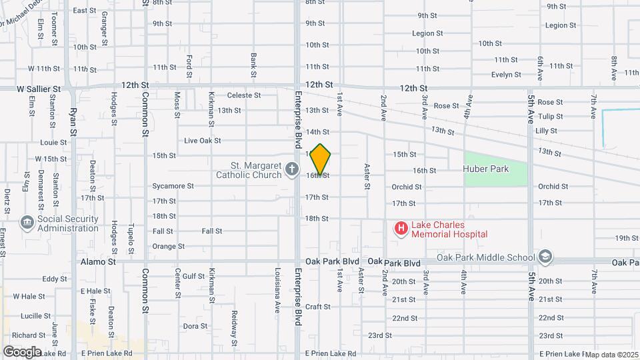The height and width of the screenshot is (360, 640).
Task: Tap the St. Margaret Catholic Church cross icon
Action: (x=291, y=170)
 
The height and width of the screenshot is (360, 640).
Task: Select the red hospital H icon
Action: (x=401, y=229)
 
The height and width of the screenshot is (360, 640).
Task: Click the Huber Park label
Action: (x=486, y=169)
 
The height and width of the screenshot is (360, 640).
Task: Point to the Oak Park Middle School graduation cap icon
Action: (x=545, y=257)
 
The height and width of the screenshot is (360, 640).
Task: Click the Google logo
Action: (x=22, y=351)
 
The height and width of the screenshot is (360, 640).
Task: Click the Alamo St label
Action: (x=98, y=263)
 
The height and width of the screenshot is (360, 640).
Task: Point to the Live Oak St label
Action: (x=202, y=141)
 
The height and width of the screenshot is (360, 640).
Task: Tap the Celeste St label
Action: (x=243, y=95)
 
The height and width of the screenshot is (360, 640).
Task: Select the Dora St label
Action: (x=195, y=326)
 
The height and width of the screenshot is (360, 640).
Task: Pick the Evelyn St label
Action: (x=505, y=75)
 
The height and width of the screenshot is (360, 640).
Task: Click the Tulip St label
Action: (x=550, y=117)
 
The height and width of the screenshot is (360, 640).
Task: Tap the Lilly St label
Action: (x=546, y=131)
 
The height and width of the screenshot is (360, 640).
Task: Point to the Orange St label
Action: (x=168, y=246)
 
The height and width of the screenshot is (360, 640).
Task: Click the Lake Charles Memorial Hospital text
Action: (x=449, y=229)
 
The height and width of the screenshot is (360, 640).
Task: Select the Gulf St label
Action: (x=193, y=275)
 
